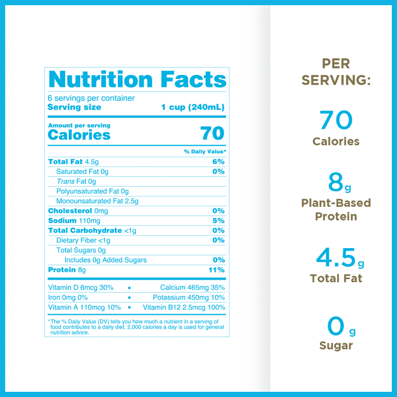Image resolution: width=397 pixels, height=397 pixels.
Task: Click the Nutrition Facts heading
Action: [137, 80]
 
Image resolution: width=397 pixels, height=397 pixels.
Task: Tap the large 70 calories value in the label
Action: [212, 133]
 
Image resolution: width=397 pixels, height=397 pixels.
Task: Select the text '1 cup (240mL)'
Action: [193, 108]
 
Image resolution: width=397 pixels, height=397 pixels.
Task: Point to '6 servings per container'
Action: [91, 98]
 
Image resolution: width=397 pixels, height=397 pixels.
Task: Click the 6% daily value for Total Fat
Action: [218, 162]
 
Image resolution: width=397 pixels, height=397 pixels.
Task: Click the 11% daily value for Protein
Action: [216, 270]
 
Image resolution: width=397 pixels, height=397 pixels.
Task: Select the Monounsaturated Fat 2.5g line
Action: [97, 201]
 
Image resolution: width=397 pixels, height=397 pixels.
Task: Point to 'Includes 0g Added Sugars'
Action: [105, 260]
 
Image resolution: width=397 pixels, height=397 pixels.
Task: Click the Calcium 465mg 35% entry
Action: [192, 288]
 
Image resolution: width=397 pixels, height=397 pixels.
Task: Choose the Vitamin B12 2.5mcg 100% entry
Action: [184, 308]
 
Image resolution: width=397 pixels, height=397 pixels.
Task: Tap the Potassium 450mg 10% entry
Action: [189, 298]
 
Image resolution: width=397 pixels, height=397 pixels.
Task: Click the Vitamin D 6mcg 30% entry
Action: [81, 288]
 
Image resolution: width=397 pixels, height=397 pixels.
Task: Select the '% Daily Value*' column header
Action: [205, 151]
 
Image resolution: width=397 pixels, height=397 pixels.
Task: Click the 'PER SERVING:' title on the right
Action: [336, 72]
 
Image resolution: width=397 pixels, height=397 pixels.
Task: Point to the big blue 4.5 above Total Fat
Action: [336, 257]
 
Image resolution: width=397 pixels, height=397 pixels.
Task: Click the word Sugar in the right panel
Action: [336, 346]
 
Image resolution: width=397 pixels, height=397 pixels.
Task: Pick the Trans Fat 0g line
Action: [77, 181]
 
